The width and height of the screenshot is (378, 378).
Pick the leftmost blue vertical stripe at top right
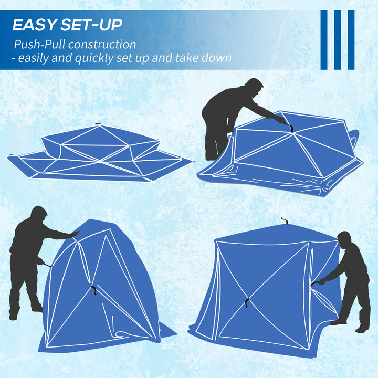324,39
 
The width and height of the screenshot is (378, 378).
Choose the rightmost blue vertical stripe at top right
351,39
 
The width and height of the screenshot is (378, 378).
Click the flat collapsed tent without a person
100,152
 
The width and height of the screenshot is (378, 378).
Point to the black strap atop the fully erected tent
285,221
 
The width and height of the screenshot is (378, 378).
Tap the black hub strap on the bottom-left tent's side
94,289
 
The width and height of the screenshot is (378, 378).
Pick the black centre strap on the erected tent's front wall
246,302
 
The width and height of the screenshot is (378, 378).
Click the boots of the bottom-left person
24,313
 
